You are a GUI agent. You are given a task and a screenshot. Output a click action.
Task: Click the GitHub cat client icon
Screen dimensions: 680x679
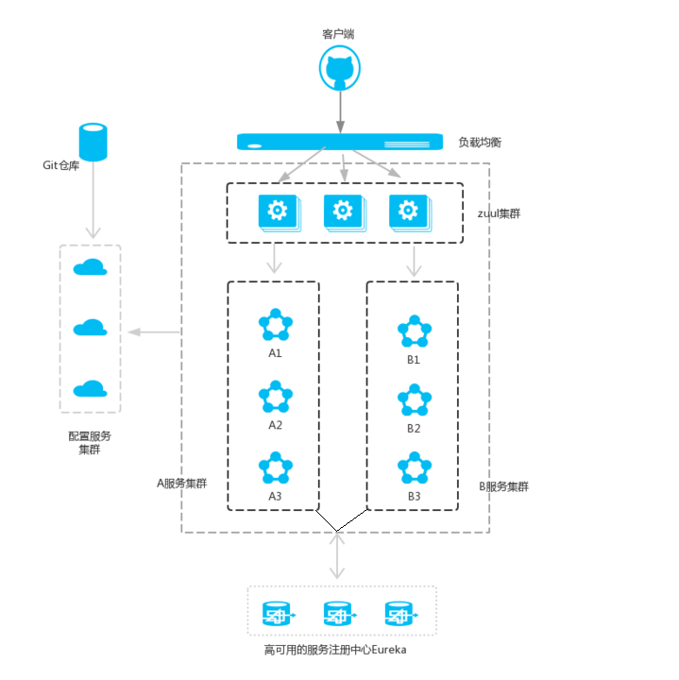click(340, 70)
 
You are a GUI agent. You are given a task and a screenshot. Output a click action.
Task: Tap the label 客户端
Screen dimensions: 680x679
click(338, 34)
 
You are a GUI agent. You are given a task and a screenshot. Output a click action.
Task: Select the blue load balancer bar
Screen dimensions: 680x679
click(340, 142)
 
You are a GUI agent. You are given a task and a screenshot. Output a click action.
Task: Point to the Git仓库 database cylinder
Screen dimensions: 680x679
click(93, 142)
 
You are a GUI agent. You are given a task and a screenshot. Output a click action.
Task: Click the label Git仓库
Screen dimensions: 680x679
click(61, 164)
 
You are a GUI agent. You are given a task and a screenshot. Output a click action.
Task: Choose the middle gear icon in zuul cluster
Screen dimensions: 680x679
click(343, 211)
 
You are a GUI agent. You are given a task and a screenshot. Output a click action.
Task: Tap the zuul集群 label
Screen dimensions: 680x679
click(499, 213)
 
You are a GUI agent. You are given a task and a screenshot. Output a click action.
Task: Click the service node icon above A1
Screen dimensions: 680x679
click(275, 326)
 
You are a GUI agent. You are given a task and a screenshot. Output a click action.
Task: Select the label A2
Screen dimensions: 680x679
click(275, 425)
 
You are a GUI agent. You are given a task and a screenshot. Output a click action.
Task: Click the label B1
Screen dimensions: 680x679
click(414, 360)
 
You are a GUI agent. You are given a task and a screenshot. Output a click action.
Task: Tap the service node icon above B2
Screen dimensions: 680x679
click(414, 400)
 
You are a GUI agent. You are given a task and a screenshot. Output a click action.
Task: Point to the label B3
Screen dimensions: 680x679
click(414, 497)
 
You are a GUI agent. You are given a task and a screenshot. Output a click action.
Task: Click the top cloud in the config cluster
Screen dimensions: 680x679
click(90, 267)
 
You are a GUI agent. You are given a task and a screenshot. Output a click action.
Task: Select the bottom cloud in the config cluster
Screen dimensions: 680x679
click(90, 388)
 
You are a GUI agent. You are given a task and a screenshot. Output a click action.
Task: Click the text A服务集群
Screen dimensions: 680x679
click(182, 483)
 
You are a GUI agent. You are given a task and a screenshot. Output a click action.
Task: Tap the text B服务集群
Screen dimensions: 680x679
click(503, 486)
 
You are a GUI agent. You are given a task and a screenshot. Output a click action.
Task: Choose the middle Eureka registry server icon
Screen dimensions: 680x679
click(339, 616)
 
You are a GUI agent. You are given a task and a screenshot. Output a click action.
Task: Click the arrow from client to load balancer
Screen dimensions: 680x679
click(340, 111)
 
